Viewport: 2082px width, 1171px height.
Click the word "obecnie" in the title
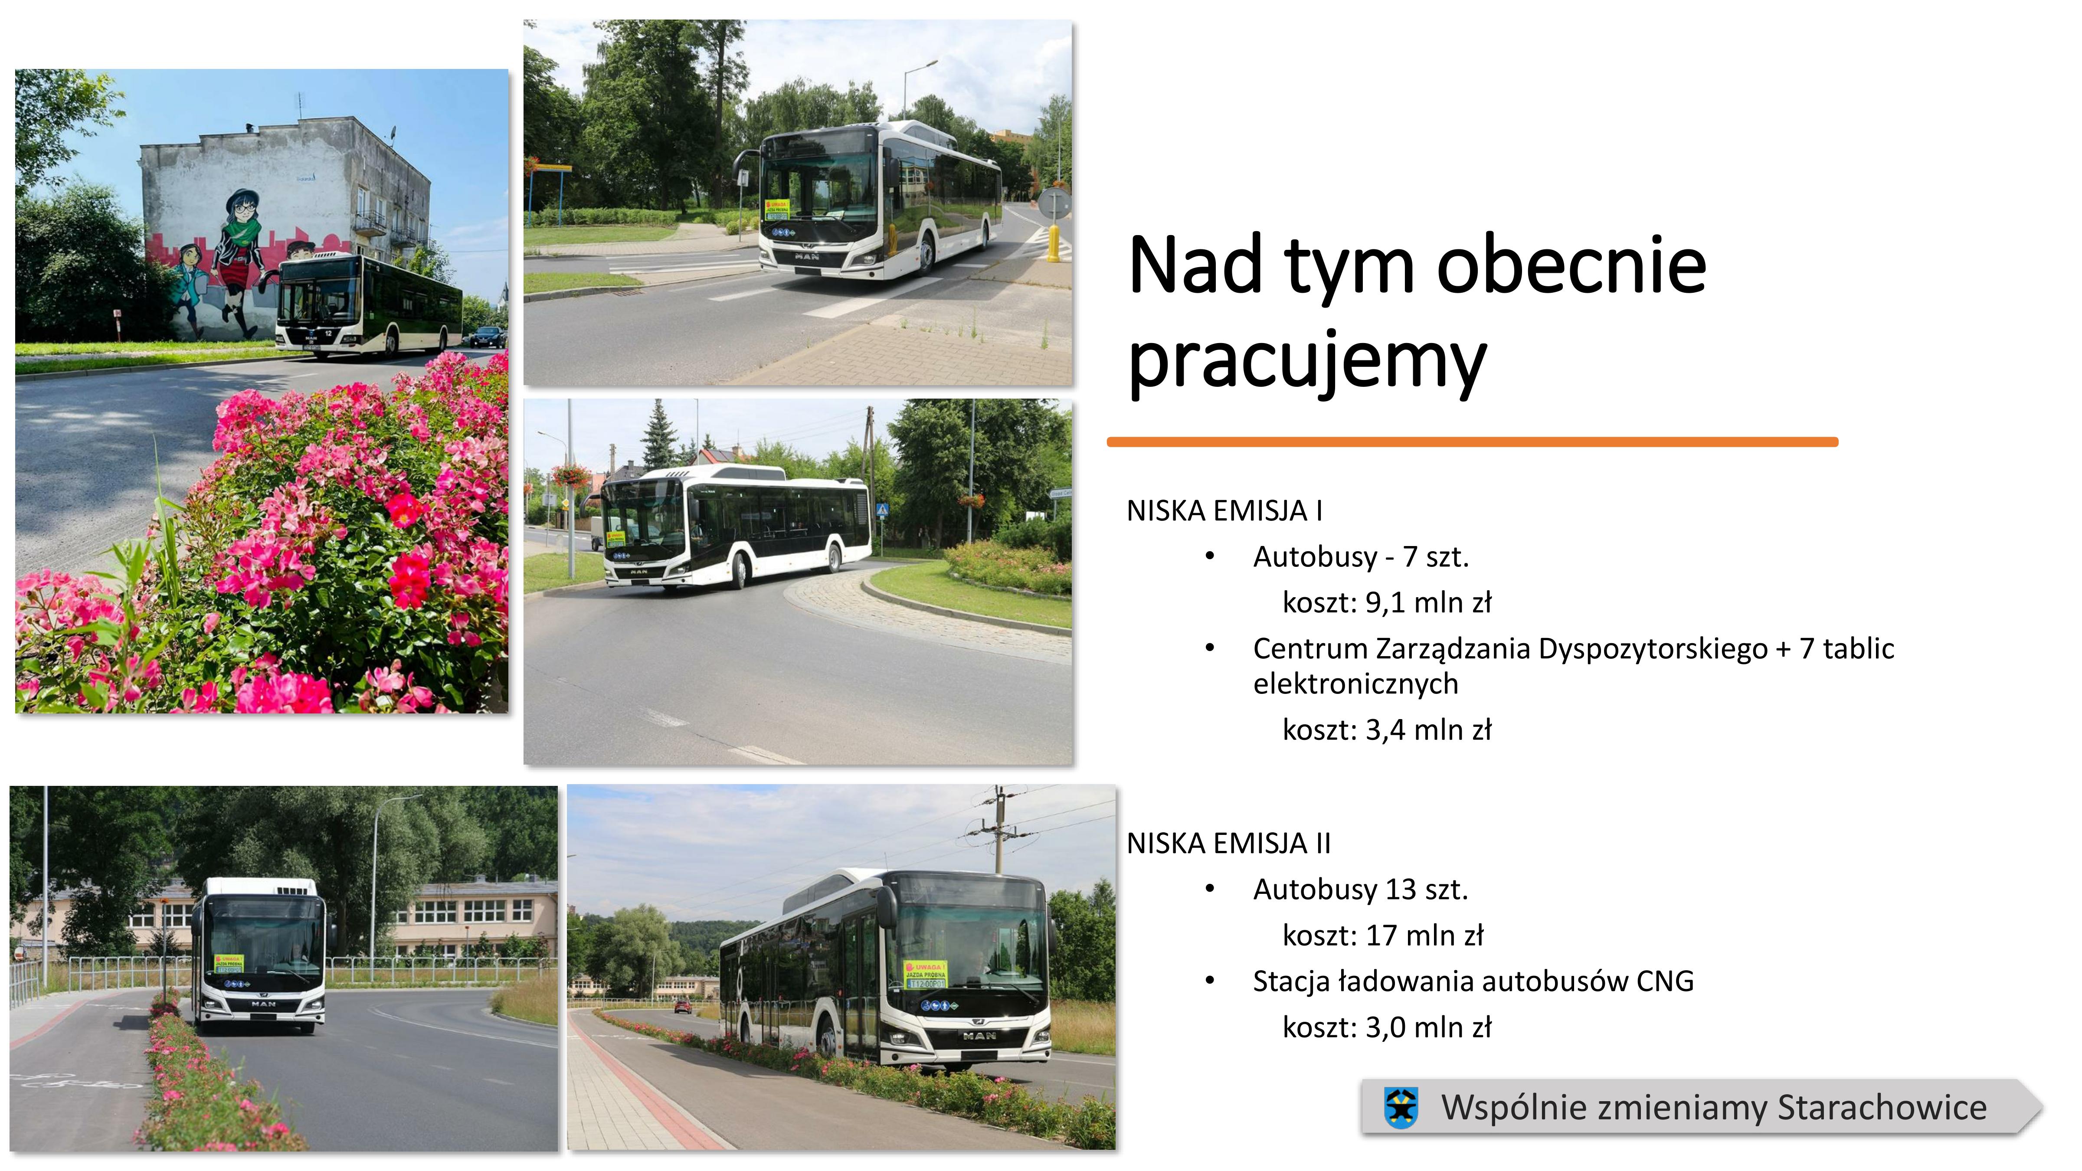click(1572, 264)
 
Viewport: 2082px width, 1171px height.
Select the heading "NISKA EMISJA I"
click(1224, 511)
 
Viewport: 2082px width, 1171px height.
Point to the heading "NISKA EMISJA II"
click(1228, 844)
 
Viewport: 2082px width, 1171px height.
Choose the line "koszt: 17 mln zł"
click(1383, 936)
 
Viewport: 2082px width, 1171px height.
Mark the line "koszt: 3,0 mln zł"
click(1387, 1028)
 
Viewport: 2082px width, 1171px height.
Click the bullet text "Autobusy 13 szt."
click(1360, 890)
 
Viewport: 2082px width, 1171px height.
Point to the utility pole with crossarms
click(1000, 828)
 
